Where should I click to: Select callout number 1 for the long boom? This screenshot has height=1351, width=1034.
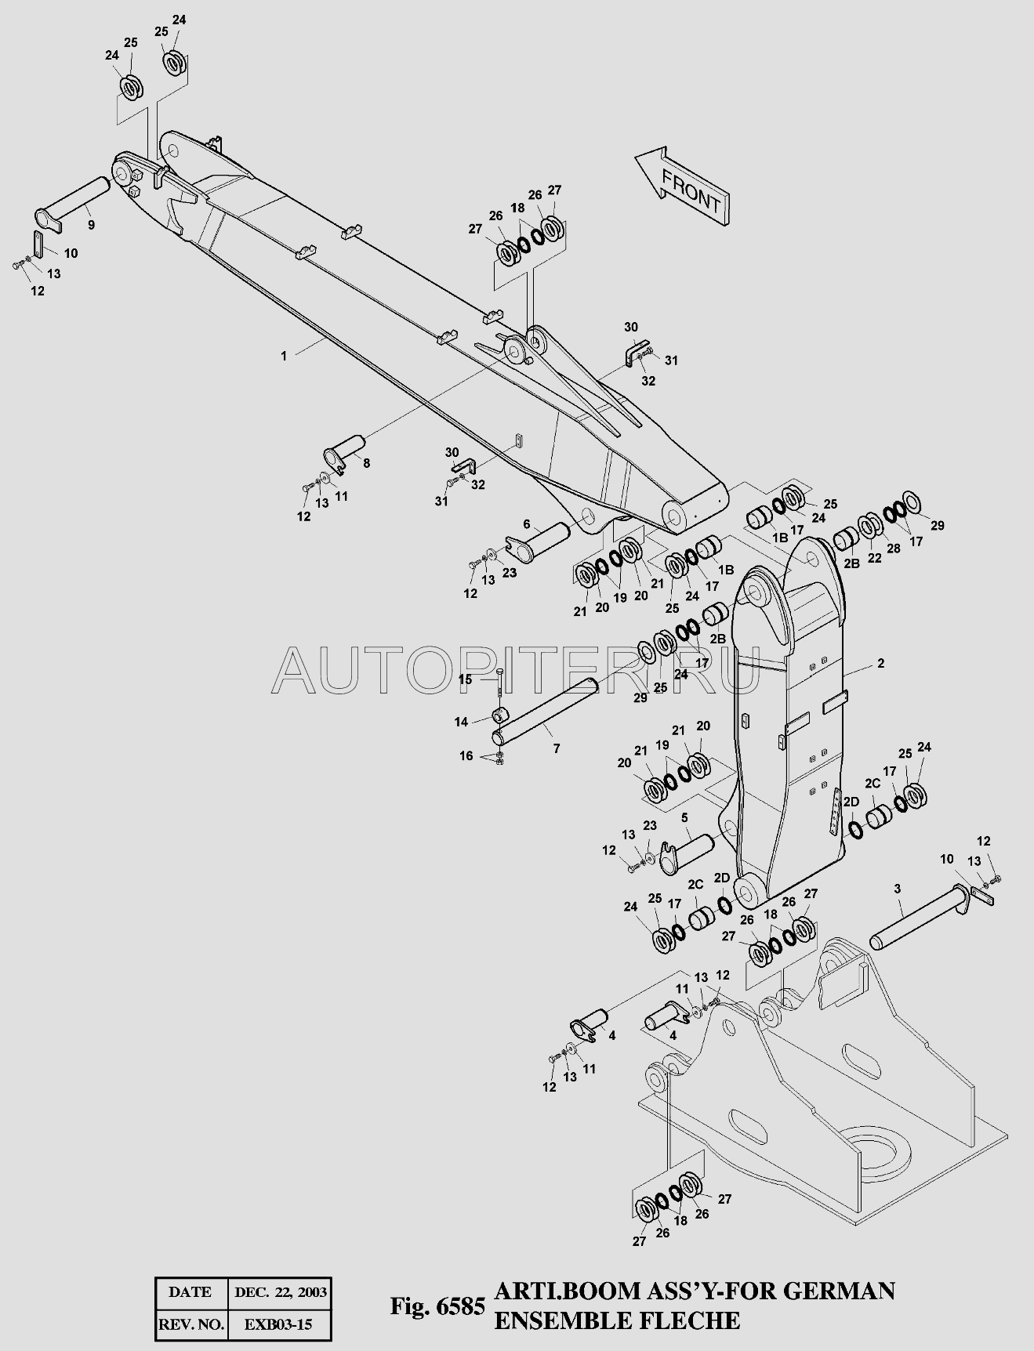(x=284, y=356)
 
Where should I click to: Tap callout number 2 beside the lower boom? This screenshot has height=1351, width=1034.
(x=881, y=663)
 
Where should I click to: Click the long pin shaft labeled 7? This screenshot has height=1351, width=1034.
(x=544, y=713)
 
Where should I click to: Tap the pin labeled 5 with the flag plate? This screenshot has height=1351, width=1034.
(x=687, y=853)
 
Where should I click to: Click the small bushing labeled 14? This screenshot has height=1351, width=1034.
(x=501, y=715)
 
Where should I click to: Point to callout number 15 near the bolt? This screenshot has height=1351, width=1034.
(x=466, y=679)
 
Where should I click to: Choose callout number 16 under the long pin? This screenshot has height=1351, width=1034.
(x=466, y=756)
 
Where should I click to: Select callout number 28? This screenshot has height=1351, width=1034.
(x=894, y=549)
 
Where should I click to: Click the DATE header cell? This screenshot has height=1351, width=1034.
(x=190, y=1292)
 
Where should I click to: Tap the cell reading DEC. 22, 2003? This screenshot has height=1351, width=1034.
(x=280, y=1292)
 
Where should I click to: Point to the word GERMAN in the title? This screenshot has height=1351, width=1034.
(x=840, y=1291)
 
